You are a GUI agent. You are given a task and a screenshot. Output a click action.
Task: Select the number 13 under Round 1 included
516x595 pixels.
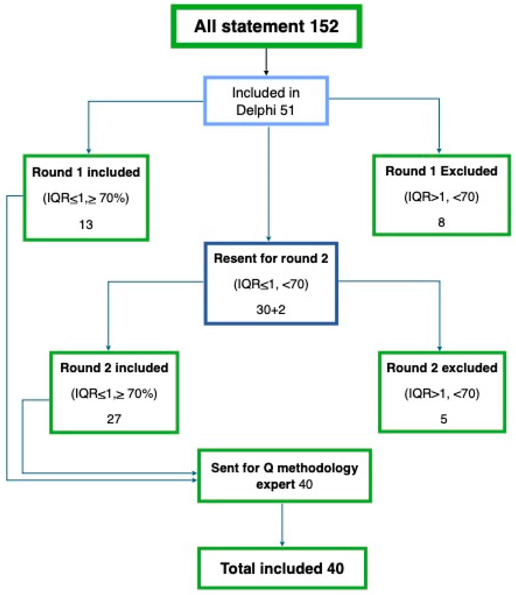[x=86, y=225]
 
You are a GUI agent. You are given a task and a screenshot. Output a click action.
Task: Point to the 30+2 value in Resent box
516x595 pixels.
[x=271, y=310]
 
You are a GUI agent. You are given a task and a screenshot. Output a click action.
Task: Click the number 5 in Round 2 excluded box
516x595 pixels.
[x=443, y=419]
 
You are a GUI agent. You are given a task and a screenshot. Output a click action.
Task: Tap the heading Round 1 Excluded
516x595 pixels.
[x=441, y=171]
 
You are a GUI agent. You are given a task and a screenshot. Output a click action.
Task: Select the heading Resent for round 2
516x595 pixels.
[x=271, y=258]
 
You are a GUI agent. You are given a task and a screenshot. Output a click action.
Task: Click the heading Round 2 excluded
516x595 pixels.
[x=442, y=368]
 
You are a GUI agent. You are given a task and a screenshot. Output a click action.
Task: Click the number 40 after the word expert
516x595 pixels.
[x=305, y=484]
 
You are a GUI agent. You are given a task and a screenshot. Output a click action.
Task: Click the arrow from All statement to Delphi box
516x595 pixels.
[x=266, y=62]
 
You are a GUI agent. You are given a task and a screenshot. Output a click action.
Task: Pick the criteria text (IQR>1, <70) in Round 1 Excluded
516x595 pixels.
[x=441, y=197]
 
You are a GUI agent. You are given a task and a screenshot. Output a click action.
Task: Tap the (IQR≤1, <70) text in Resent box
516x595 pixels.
[x=271, y=284]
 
